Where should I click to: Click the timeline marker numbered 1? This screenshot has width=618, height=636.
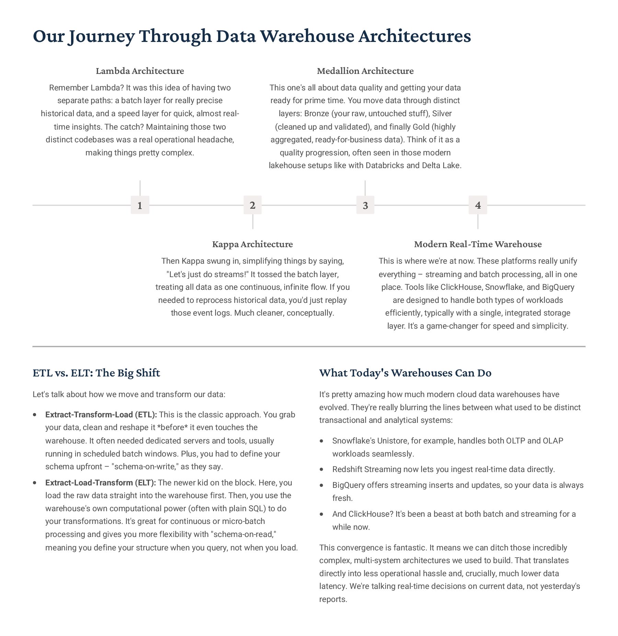coord(140,205)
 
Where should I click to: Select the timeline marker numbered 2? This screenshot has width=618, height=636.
coord(252,205)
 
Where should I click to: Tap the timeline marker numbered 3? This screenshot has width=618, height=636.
coord(365,205)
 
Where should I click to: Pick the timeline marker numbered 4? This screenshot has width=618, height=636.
coord(478,205)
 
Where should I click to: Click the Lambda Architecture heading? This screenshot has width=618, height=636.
coord(140,71)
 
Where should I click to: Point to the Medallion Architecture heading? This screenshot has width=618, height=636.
coord(365,71)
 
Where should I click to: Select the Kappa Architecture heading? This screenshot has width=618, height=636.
coord(252,244)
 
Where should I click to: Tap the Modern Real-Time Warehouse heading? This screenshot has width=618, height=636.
coord(478,244)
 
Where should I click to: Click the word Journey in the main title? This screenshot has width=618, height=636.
coord(100,36)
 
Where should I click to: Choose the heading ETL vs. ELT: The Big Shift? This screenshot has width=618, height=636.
coord(96,373)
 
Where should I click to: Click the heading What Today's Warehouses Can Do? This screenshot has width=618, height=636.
coord(405,373)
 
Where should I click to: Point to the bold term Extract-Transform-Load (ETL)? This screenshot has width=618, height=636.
coord(101,415)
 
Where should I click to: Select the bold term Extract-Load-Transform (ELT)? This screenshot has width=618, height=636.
coord(101,483)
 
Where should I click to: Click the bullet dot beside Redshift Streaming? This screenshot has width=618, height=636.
coord(322,469)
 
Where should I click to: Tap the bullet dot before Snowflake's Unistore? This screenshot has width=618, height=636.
coord(322,441)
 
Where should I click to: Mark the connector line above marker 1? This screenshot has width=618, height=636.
coord(140,188)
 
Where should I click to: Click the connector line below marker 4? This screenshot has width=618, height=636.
coord(478,222)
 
